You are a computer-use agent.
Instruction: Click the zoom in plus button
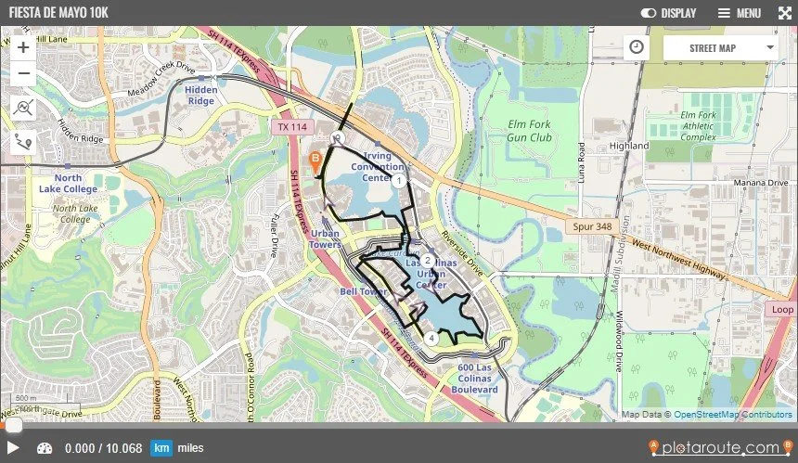23,47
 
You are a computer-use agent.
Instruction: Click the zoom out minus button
23,73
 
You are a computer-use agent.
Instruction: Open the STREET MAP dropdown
721,47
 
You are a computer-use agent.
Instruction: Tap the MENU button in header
739,13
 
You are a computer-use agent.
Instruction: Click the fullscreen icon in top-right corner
783,13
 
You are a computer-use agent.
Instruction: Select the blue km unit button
161,448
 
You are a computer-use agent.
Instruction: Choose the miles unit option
191,448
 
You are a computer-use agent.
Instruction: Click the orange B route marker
315,161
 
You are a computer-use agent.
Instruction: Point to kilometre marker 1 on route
397,180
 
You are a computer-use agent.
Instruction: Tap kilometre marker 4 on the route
431,338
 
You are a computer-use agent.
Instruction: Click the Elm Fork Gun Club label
530,130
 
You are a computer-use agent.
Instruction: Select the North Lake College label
68,183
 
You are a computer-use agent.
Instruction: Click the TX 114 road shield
292,126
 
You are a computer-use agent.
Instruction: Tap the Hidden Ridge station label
201,96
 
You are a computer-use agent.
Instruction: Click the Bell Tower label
363,291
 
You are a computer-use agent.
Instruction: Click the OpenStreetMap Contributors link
733,414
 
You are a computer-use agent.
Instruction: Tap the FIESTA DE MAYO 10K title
59,13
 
